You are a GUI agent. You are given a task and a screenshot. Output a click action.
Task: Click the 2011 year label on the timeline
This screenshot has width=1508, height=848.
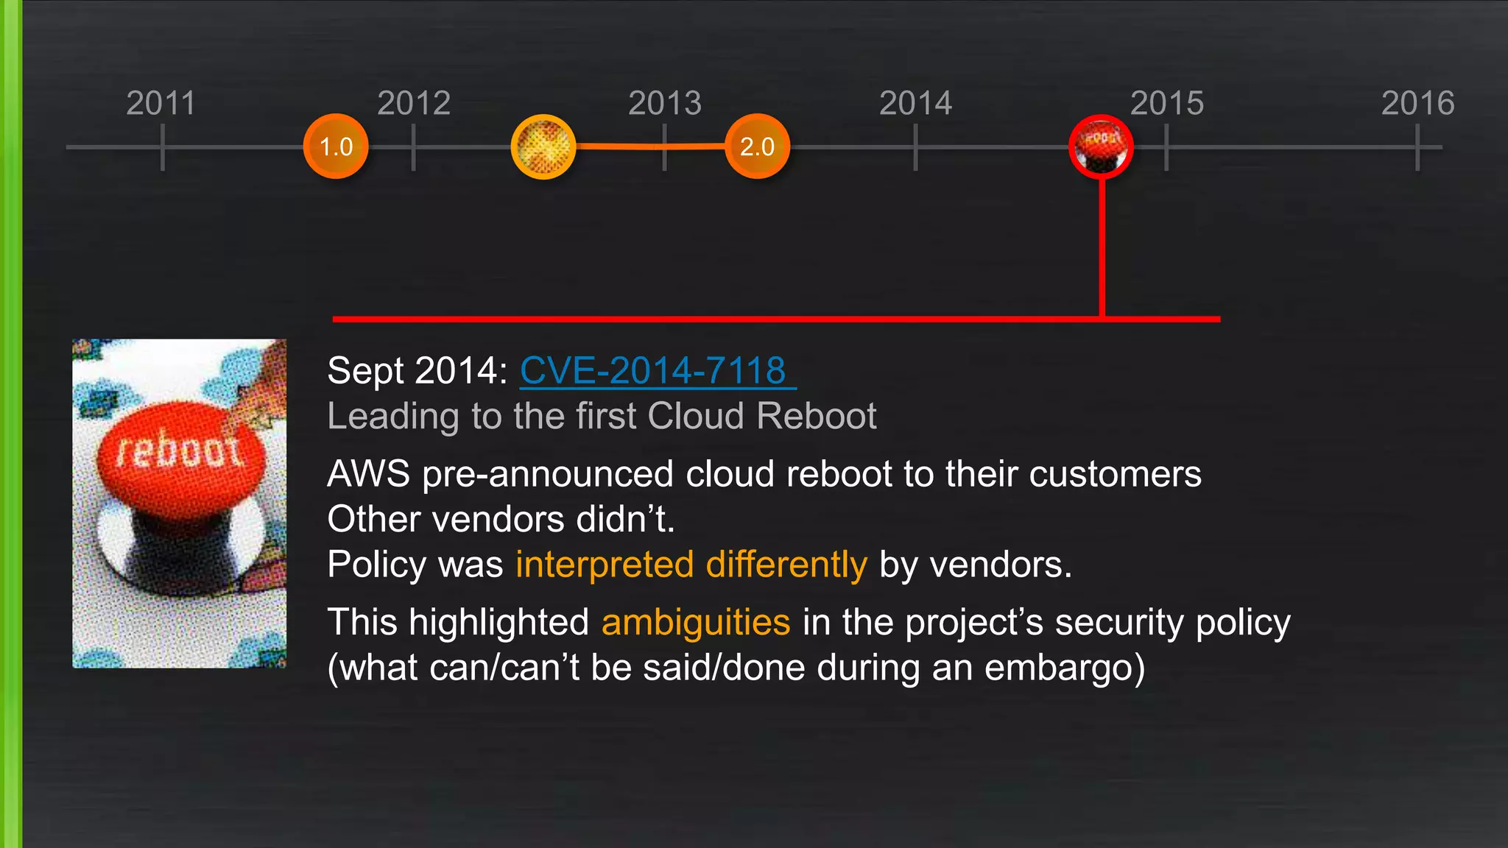pyautogui.click(x=161, y=103)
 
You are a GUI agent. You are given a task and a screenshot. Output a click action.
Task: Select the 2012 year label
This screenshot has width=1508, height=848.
pyautogui.click(x=414, y=103)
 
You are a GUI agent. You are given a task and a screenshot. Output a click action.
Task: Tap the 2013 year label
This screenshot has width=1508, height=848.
pyautogui.click(x=665, y=103)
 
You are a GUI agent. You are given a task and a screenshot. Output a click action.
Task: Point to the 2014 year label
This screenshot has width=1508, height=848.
pyautogui.click(x=915, y=103)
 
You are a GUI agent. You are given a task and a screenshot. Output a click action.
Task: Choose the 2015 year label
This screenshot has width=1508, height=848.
pyautogui.click(x=1167, y=103)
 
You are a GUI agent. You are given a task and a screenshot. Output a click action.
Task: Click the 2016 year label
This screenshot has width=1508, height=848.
pyautogui.click(x=1417, y=103)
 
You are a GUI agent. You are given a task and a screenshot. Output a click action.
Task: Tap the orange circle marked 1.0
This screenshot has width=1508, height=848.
pyautogui.click(x=336, y=146)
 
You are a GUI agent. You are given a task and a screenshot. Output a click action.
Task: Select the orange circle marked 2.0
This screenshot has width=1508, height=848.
pyautogui.click(x=757, y=146)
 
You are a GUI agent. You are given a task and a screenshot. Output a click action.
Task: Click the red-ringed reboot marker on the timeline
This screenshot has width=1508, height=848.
pyautogui.click(x=1101, y=146)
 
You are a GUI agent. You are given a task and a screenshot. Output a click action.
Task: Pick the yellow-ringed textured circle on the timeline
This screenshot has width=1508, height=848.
pyautogui.click(x=543, y=146)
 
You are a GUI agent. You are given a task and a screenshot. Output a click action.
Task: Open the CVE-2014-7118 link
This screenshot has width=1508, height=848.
pyautogui.click(x=653, y=370)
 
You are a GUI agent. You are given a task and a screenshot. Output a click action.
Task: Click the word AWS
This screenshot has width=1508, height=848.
pyautogui.click(x=368, y=473)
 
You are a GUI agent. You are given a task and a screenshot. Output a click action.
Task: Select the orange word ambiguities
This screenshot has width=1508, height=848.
pyautogui.click(x=696, y=622)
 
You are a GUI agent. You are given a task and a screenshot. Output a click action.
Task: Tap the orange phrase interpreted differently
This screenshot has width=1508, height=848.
pyautogui.click(x=691, y=565)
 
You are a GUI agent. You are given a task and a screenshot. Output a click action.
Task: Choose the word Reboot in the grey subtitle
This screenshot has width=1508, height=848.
pyautogui.click(x=817, y=416)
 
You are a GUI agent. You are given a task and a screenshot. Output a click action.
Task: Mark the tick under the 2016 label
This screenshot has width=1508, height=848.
pyautogui.click(x=1417, y=147)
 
